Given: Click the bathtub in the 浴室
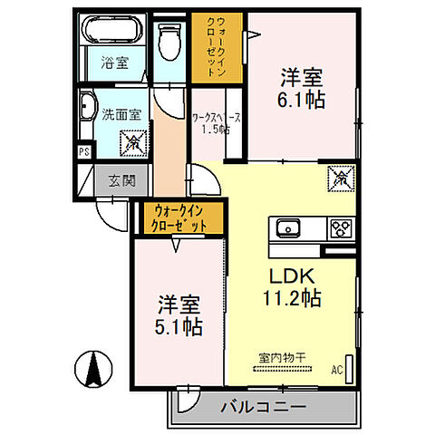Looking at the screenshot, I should click(111, 33).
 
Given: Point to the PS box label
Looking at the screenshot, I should click(83, 152).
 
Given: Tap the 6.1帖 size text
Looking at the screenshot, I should click(302, 99).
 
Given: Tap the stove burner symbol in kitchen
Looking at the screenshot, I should click(342, 227).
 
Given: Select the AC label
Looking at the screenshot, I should click(337, 370).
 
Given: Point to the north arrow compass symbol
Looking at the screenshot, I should click(92, 366).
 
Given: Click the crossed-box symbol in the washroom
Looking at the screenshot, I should click(132, 140).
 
